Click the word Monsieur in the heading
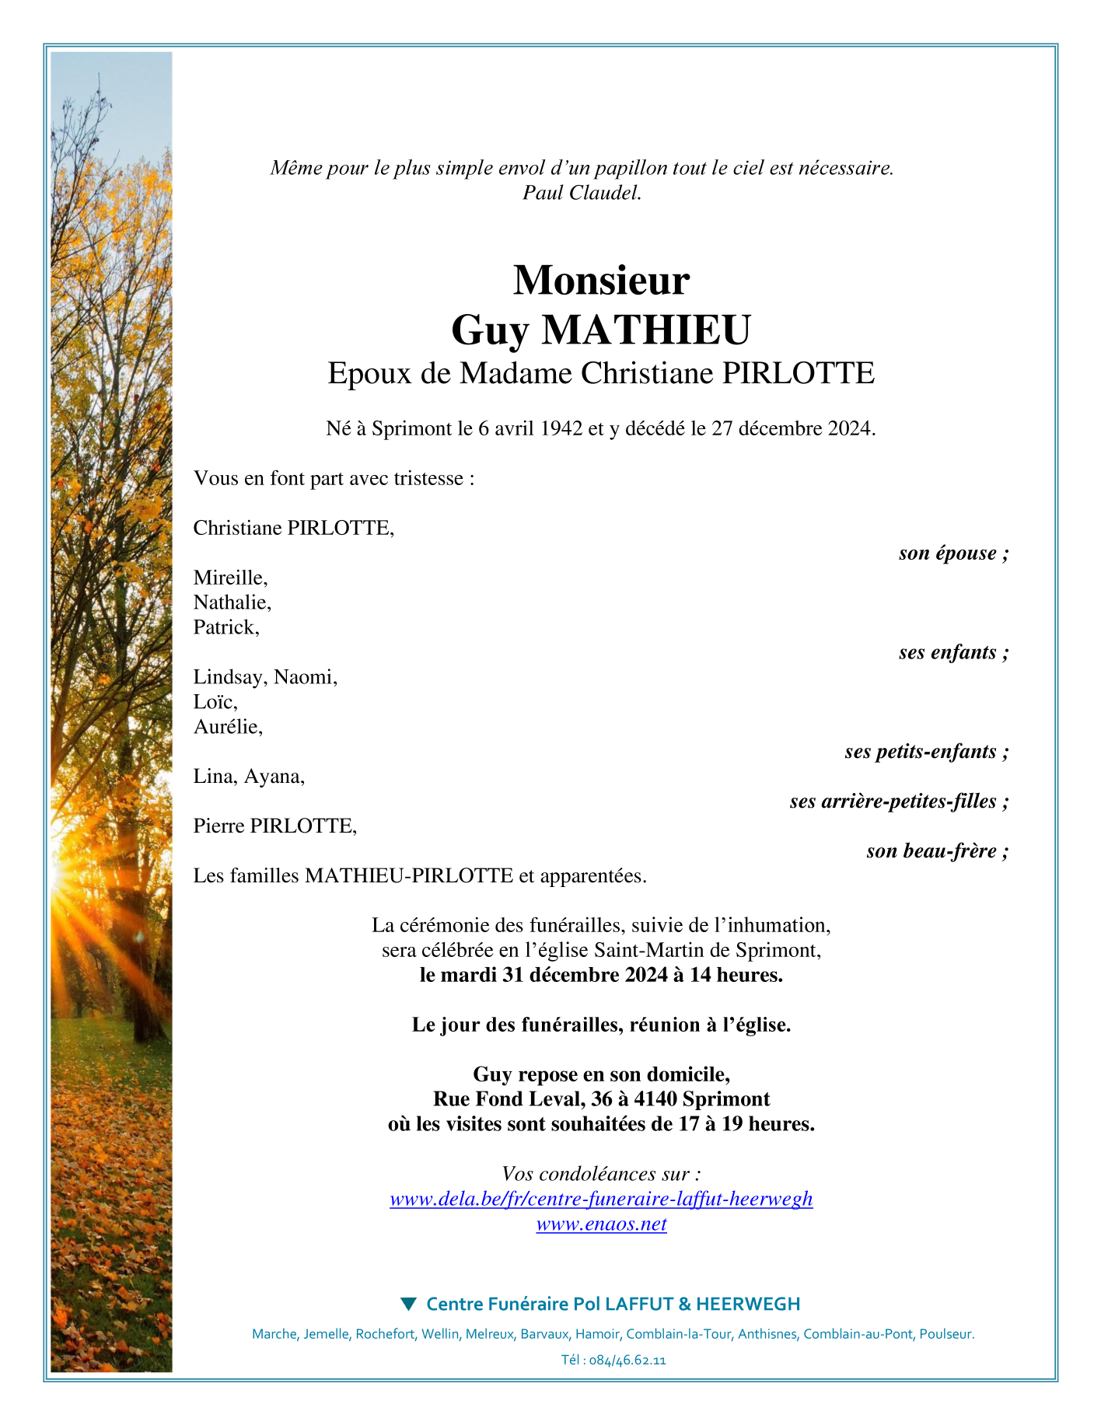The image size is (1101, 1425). point(601,280)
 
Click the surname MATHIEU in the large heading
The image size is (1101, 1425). point(646,330)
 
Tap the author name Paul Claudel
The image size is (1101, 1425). point(582,193)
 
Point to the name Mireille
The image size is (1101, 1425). point(230,578)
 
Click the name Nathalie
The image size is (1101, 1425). point(232,602)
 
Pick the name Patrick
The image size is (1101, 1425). point(225,627)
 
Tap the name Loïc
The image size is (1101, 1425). point(215,702)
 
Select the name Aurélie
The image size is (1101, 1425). point(228,727)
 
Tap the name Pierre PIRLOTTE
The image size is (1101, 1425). point(274,826)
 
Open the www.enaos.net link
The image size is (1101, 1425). point(601,1224)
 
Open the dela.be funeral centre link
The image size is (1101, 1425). point(601,1200)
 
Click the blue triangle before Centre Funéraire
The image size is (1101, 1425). point(408,1304)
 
